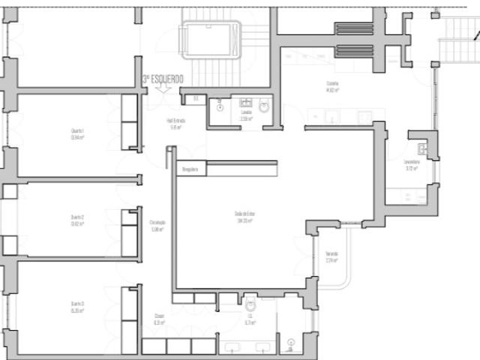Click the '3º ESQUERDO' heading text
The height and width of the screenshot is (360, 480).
(x=162, y=78)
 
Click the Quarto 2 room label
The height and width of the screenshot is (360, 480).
(x=77, y=220)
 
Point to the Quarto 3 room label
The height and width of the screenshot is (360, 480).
(x=77, y=306)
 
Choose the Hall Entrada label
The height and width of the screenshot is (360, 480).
(x=176, y=124)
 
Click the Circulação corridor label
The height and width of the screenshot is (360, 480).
(x=157, y=226)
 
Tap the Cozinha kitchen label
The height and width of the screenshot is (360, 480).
(x=333, y=86)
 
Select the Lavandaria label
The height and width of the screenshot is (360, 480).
(x=411, y=165)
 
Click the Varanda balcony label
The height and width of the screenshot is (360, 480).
(x=331, y=257)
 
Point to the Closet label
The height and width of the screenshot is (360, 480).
(x=159, y=319)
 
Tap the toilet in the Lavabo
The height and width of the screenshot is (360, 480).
(x=263, y=106)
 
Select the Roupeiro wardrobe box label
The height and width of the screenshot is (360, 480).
(x=190, y=169)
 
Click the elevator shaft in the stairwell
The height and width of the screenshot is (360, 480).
(x=210, y=38)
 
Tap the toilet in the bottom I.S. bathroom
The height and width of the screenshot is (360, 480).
(x=250, y=305)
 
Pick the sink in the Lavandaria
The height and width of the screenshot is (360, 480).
(x=422, y=149)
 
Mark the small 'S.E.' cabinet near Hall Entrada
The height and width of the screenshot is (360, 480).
(x=196, y=98)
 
